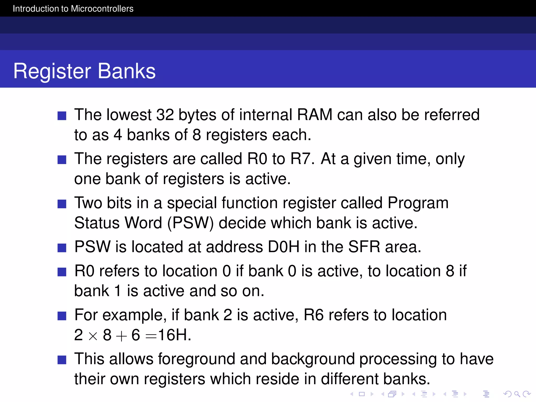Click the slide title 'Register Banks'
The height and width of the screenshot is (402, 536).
pyautogui.click(x=84, y=71)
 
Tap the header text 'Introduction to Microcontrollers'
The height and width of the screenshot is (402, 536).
pyautogui.click(x=73, y=9)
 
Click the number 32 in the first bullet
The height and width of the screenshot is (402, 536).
pyautogui.click(x=165, y=115)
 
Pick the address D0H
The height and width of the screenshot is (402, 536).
pyautogui.click(x=284, y=247)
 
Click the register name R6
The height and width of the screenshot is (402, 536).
pyautogui.click(x=314, y=315)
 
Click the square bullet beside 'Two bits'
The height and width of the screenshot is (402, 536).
pyautogui.click(x=62, y=204)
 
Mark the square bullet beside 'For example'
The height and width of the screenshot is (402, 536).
pyautogui.click(x=62, y=316)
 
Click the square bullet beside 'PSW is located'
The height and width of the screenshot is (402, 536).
pyautogui.click(x=62, y=248)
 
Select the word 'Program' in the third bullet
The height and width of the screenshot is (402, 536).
pyautogui.click(x=418, y=203)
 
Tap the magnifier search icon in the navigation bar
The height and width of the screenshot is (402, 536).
pyautogui.click(x=517, y=394)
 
